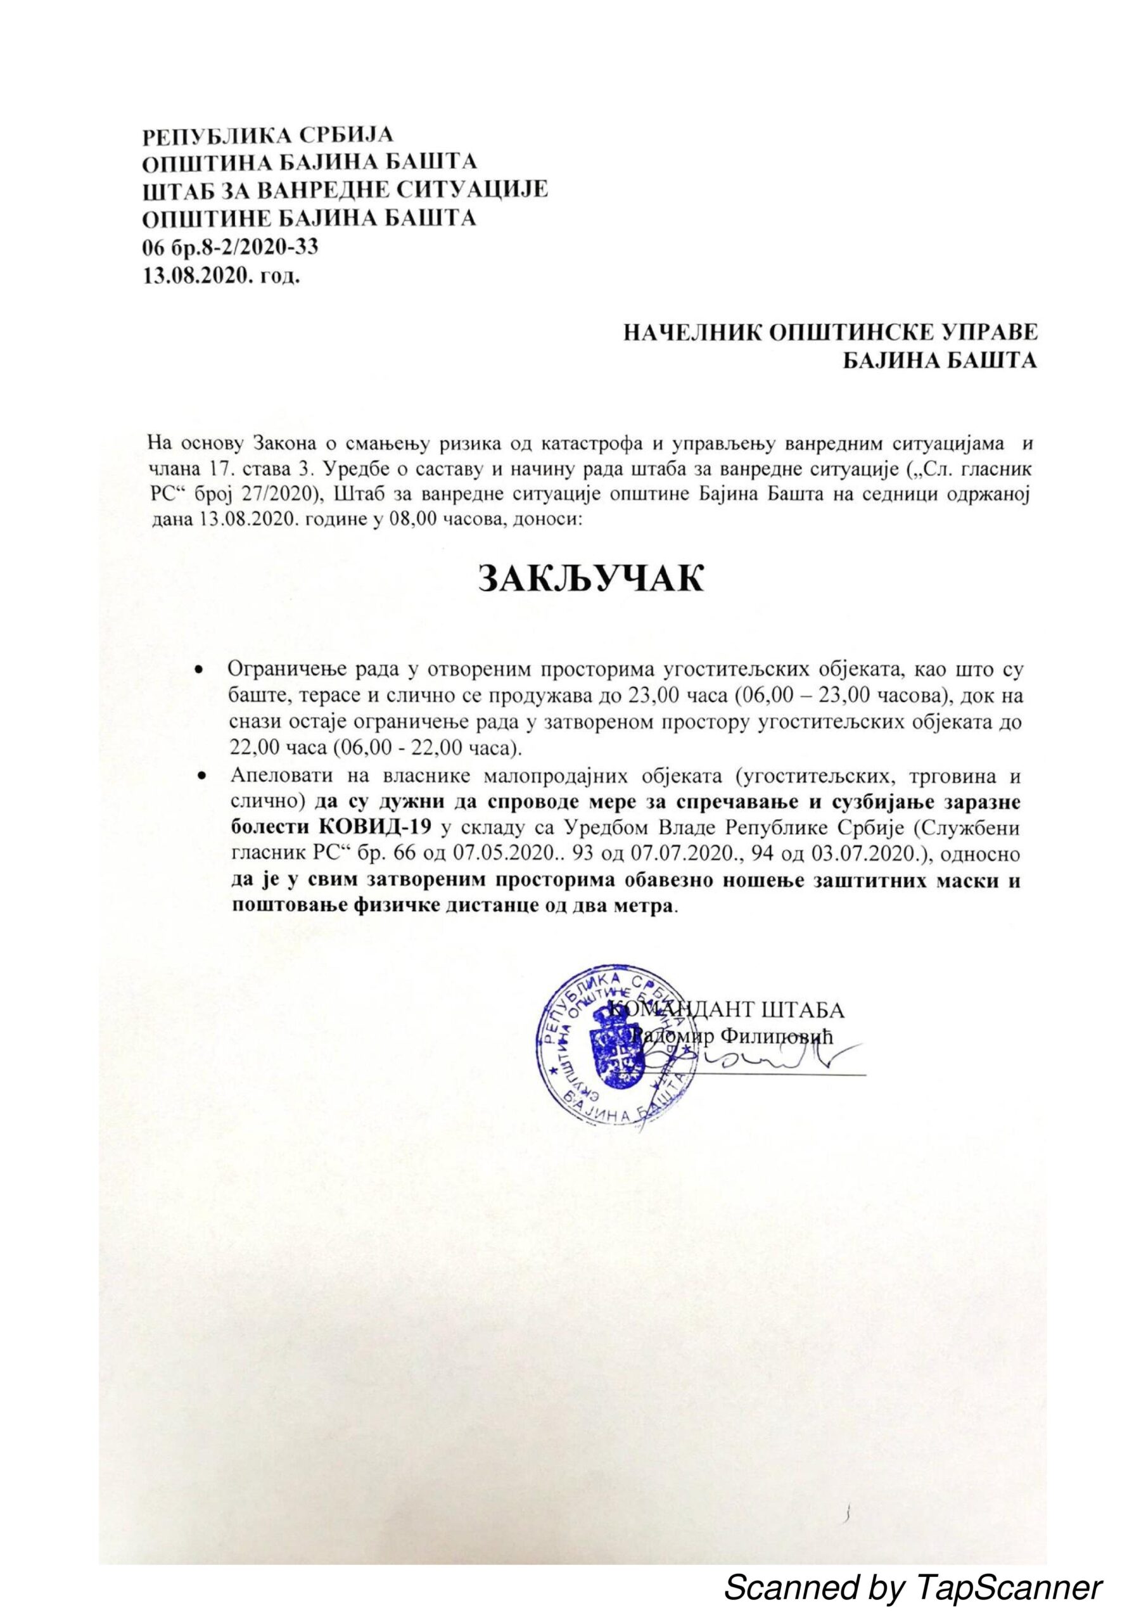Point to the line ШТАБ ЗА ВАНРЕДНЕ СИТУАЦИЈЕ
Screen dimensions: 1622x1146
[345, 190]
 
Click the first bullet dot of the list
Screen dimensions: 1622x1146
[201, 668]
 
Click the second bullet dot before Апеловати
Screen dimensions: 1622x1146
[201, 776]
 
